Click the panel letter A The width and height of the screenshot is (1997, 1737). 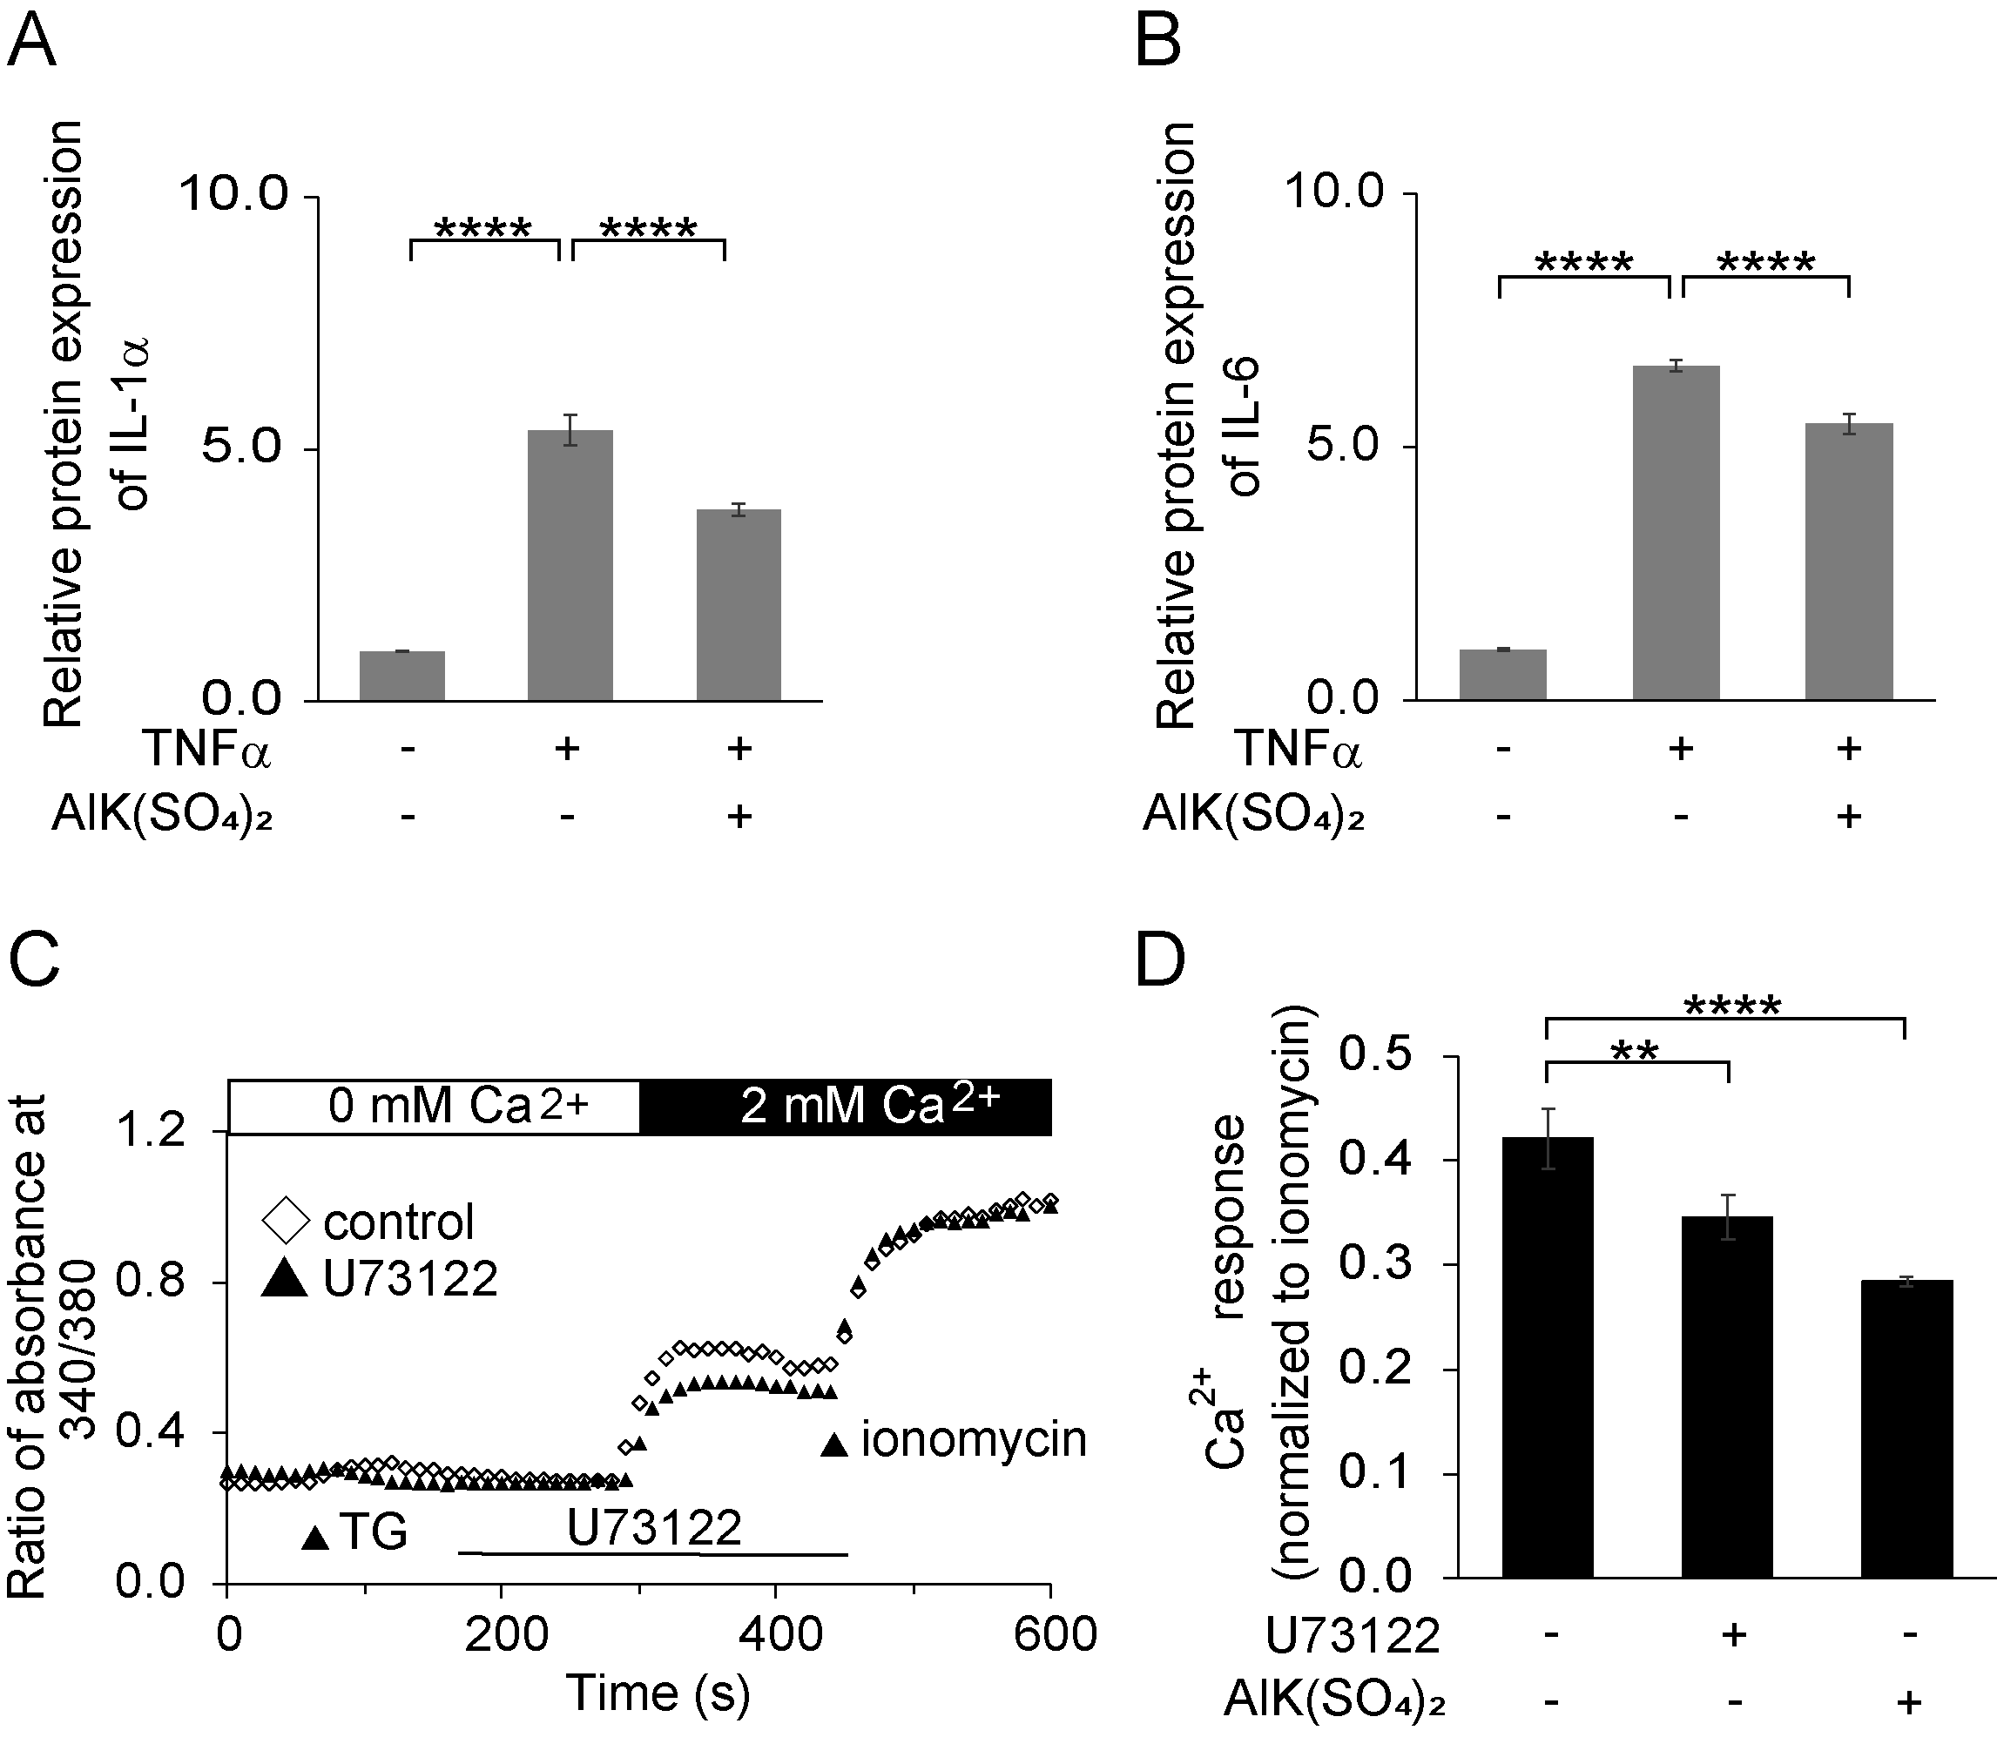31,41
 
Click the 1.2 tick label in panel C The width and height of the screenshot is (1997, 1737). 152,1130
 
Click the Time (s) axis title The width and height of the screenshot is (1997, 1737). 658,1693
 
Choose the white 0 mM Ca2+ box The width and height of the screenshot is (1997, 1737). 435,1106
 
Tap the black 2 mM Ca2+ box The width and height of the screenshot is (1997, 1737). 846,1106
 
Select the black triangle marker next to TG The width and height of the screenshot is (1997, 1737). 315,1538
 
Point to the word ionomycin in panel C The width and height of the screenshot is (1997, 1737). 974,1440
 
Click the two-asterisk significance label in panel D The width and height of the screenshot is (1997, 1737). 1635,1053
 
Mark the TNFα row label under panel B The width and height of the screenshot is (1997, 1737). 1297,748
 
